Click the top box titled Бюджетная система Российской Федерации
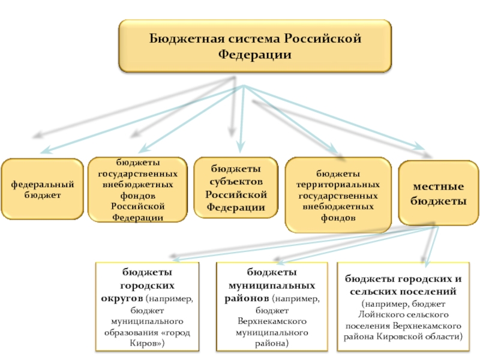[x=255, y=46]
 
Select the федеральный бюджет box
[x=42, y=189]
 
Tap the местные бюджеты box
[x=439, y=193]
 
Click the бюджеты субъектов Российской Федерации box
[x=236, y=188]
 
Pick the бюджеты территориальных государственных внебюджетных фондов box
[x=338, y=195]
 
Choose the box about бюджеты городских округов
[x=147, y=307]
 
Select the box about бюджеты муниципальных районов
[x=272, y=307]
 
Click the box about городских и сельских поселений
[x=403, y=307]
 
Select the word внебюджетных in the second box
[x=138, y=185]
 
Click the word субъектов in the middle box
[x=236, y=182]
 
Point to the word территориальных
[x=338, y=185]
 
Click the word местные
[x=439, y=187]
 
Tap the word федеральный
[x=43, y=185]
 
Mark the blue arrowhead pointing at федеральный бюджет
[x=47, y=150]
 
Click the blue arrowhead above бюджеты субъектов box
[x=241, y=147]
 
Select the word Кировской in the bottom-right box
[x=398, y=337]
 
